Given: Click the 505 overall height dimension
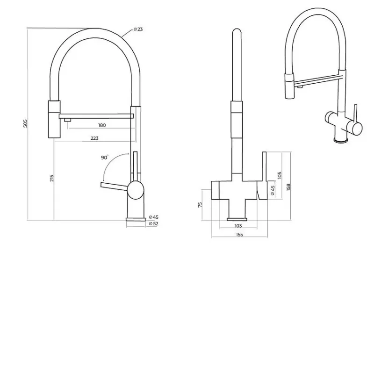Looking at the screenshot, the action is (x=25, y=123).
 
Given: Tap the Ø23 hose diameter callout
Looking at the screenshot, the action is (x=138, y=29).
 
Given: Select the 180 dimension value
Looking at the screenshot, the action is (x=102, y=125).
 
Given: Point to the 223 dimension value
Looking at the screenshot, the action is (x=94, y=138).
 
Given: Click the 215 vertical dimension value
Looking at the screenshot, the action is (x=52, y=178).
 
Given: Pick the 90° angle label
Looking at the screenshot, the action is (x=104, y=158).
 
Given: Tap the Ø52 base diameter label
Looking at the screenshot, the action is (x=154, y=224).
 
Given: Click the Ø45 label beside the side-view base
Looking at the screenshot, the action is (x=154, y=217).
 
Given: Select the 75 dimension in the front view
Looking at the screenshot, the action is (x=200, y=205).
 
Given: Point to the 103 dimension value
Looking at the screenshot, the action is (x=238, y=226).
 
